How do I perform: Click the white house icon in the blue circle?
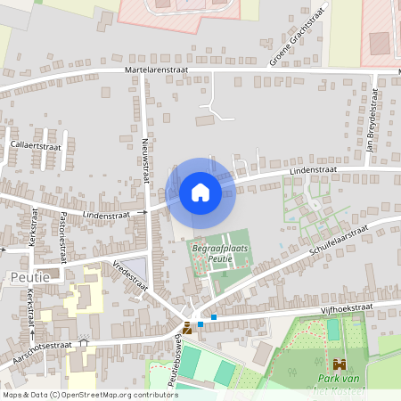pyautogui.click(x=200, y=192)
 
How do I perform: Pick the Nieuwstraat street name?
pyautogui.click(x=143, y=160)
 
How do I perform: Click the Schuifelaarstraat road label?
pyautogui.click(x=340, y=241)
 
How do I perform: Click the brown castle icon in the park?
pyautogui.click(x=339, y=364)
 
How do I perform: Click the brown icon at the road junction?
pyautogui.click(x=186, y=328)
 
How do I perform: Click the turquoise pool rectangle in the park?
pyautogui.click(x=333, y=329)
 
